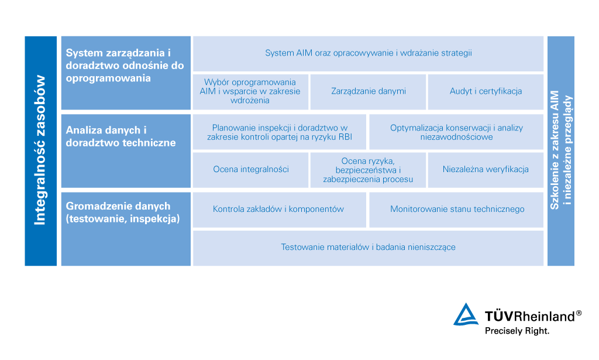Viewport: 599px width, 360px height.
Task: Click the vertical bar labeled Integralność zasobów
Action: [40, 151]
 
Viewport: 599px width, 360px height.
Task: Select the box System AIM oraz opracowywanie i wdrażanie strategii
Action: [368, 53]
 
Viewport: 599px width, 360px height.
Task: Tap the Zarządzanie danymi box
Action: [368, 91]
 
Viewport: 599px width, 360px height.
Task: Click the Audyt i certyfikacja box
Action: [486, 91]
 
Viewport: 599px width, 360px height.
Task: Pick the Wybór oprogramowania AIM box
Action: [250, 91]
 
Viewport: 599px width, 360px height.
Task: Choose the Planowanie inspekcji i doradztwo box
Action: [280, 132]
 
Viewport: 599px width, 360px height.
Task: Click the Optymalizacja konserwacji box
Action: [456, 132]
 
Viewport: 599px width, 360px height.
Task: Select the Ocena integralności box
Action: [250, 170]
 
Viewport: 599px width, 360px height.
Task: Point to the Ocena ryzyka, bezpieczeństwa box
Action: [368, 170]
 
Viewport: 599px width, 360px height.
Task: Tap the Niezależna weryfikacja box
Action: [486, 170]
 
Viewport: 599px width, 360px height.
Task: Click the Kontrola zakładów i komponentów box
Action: [280, 209]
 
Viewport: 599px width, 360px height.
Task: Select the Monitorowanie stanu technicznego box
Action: [456, 209]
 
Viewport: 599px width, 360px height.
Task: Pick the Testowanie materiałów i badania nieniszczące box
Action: [368, 248]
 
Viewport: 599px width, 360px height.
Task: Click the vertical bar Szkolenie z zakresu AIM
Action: [561, 151]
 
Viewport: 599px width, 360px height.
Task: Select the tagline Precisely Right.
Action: [517, 331]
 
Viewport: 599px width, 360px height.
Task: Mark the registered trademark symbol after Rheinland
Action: [579, 313]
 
